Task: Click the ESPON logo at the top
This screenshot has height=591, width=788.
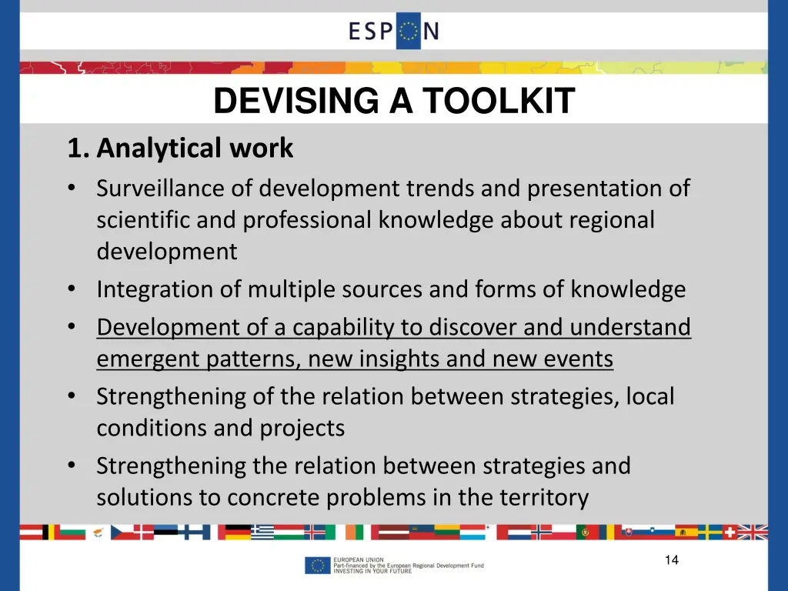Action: (393, 31)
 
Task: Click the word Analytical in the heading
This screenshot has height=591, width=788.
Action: (159, 148)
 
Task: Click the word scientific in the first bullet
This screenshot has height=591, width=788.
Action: (143, 220)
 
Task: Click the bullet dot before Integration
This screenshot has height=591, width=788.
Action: (71, 289)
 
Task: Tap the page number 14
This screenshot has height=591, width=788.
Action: (672, 560)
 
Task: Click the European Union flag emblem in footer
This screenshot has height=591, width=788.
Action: (316, 566)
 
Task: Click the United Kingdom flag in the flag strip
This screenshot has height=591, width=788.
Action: (753, 532)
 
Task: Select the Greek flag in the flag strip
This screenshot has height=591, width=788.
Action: (262, 532)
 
